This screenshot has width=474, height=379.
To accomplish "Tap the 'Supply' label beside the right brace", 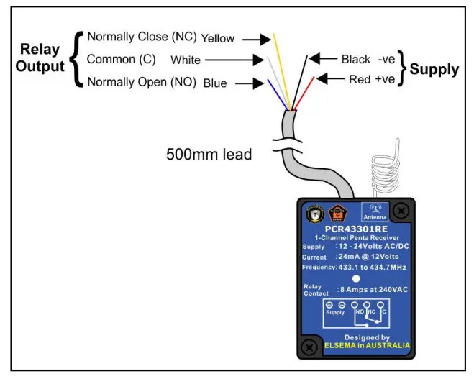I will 434,69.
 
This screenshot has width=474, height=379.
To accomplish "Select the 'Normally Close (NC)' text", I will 141,37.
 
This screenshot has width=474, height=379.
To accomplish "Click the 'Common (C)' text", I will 121,59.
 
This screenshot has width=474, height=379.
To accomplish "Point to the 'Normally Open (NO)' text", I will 142,82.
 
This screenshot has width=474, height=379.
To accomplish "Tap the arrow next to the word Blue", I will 249,83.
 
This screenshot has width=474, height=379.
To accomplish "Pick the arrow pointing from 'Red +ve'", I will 330,78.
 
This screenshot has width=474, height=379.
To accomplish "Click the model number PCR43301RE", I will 356,229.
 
